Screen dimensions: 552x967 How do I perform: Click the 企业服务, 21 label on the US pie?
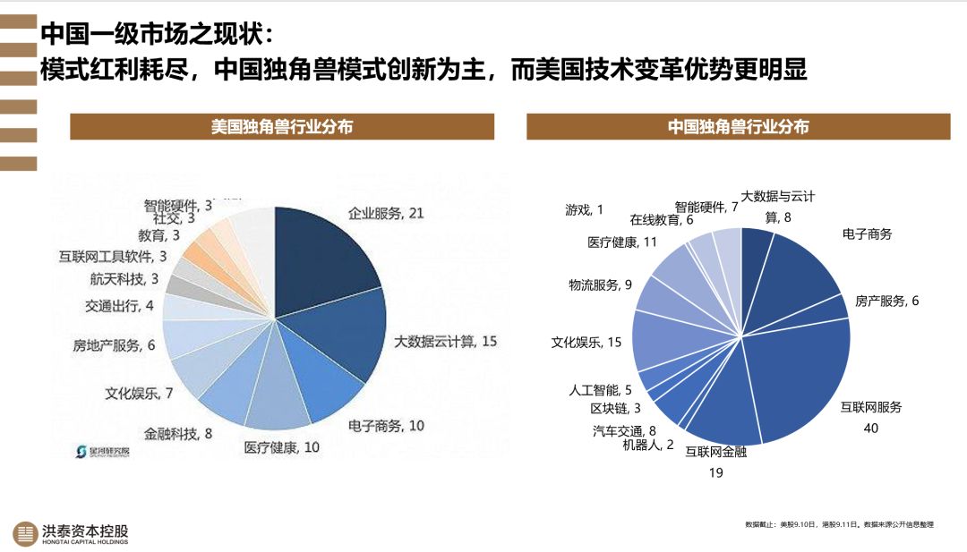[x=386, y=213]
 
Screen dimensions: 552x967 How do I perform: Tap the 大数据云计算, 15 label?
[x=446, y=342]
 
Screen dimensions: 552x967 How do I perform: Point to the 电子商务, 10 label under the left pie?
[x=386, y=426]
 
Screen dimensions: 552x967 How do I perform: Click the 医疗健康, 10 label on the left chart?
[x=282, y=447]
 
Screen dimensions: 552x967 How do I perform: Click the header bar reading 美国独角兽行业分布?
[x=282, y=127]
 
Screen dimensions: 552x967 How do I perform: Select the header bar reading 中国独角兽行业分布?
[x=738, y=127]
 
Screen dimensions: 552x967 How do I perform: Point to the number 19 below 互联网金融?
[x=715, y=472]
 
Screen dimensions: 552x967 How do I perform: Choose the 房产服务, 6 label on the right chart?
[x=886, y=301]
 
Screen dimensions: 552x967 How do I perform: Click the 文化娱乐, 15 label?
[x=586, y=342]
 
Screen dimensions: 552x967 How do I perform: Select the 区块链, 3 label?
[x=615, y=408]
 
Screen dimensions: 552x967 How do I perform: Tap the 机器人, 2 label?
[x=648, y=445]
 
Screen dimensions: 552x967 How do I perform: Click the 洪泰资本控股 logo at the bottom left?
[x=72, y=533]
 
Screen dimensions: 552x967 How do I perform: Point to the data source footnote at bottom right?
[x=838, y=524]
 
